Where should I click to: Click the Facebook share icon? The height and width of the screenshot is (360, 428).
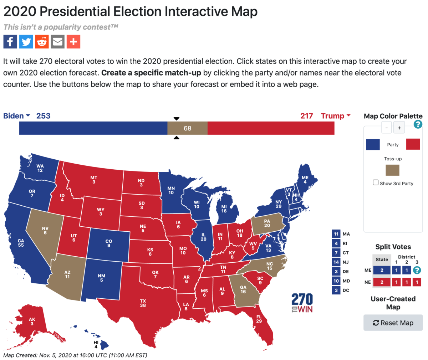(10, 42)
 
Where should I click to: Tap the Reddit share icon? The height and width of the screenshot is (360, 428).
(42, 42)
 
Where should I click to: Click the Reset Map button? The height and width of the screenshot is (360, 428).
(393, 323)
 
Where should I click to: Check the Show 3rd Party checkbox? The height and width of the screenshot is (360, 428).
(376, 182)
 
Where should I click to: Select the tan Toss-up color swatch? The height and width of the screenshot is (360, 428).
(392, 170)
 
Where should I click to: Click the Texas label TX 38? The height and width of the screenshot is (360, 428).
(143, 303)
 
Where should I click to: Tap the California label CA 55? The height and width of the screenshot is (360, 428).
(21, 243)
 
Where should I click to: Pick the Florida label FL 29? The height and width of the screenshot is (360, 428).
(259, 319)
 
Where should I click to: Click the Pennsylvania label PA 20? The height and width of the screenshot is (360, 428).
(267, 223)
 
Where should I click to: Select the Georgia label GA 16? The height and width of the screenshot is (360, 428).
(243, 289)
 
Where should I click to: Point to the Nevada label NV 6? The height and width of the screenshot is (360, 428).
(45, 231)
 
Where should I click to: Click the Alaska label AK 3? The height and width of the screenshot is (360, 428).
(32, 322)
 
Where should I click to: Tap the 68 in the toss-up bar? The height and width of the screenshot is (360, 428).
(187, 128)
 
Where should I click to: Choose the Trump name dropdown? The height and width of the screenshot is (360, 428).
(336, 116)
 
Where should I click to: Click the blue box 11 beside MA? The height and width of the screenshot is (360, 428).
(336, 234)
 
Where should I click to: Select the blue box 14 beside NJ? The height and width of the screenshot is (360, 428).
(336, 262)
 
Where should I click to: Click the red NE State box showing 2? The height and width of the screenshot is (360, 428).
(382, 282)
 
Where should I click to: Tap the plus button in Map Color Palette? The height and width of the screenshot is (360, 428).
(399, 128)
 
